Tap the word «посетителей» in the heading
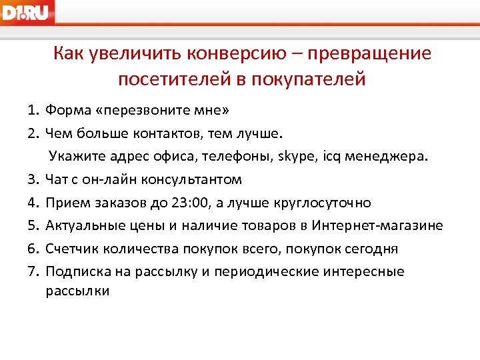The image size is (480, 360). [171, 79]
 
